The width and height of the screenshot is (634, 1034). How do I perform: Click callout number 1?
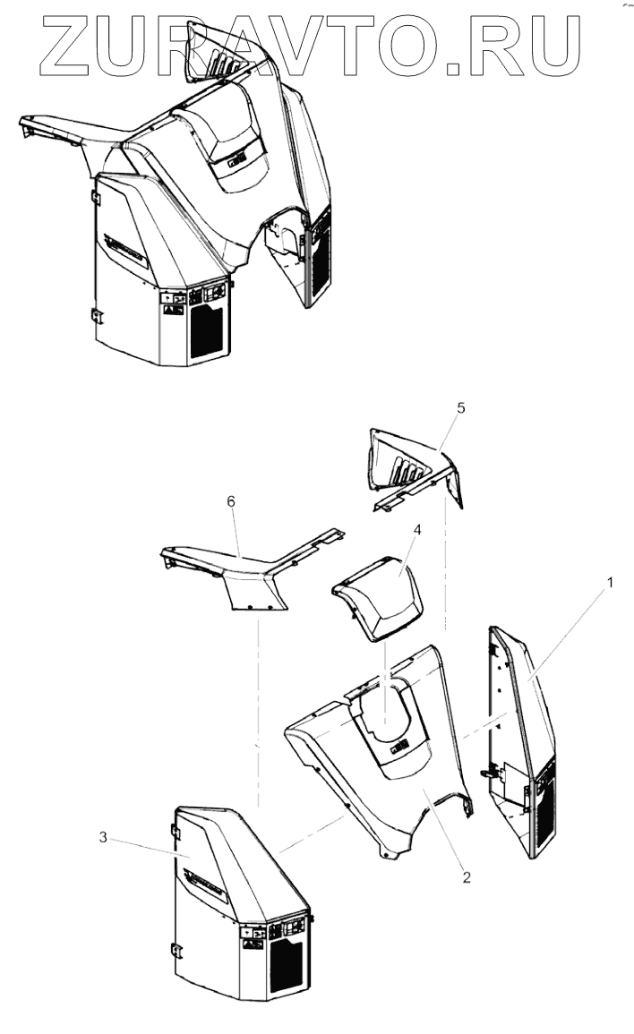click(610, 582)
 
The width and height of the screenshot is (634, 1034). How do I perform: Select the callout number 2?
click(466, 876)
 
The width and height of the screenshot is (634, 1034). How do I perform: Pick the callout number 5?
click(460, 407)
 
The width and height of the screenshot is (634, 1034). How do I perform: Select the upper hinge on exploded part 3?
click(175, 833)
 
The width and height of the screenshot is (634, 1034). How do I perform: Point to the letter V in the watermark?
click(321, 43)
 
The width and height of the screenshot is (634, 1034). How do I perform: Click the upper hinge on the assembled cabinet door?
click(96, 194)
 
